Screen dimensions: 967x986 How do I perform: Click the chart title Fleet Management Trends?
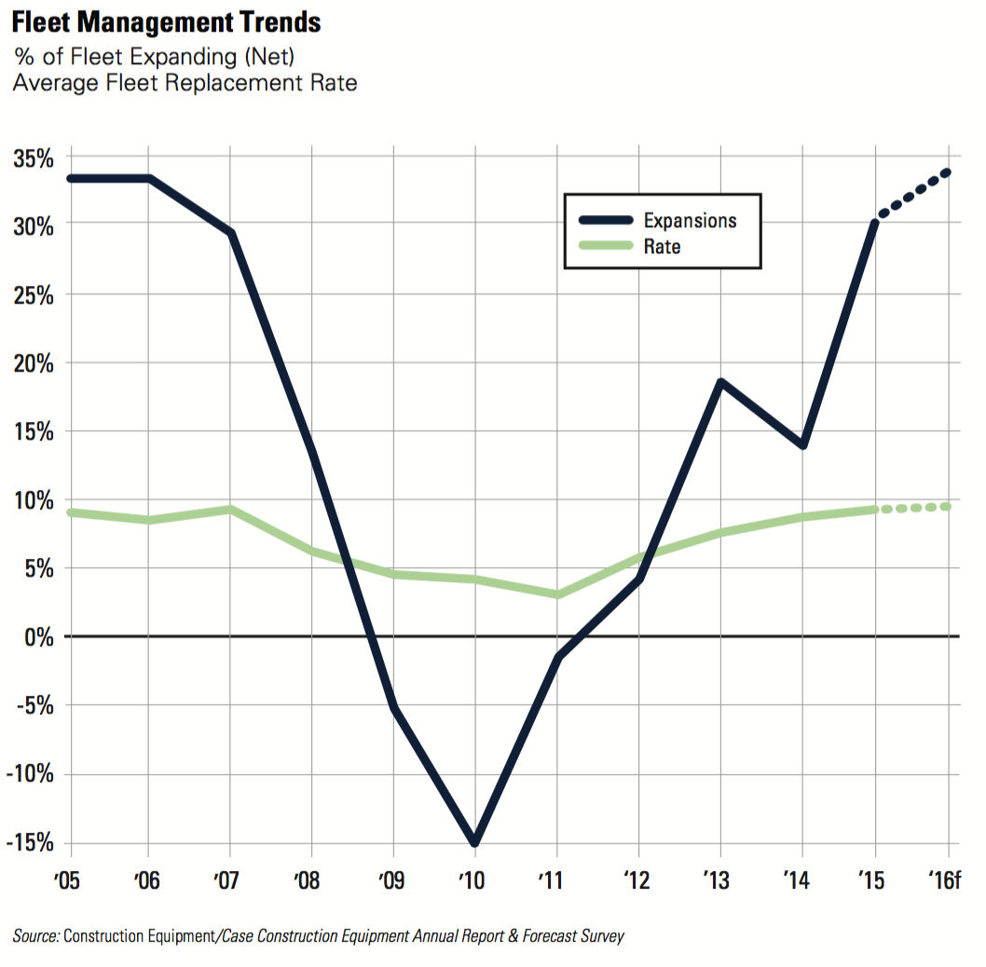(x=166, y=21)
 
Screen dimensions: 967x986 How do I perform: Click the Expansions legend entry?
(x=690, y=221)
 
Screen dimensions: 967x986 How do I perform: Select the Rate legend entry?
(x=662, y=247)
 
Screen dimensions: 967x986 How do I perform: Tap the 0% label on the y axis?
(x=38, y=637)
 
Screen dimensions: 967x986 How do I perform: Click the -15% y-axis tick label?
(x=30, y=842)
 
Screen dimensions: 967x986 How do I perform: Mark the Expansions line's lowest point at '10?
(x=475, y=841)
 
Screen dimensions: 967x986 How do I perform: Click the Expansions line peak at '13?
(x=720, y=382)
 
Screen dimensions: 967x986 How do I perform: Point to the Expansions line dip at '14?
(x=801, y=444)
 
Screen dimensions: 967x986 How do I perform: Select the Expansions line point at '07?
(x=230, y=233)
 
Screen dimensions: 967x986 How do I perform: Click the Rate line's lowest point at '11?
(x=557, y=594)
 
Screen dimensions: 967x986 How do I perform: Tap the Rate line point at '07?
(x=230, y=510)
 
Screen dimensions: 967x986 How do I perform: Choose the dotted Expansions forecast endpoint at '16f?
(x=947, y=171)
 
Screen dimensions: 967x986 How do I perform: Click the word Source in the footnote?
(x=35, y=936)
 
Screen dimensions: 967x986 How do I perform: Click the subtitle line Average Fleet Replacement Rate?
(x=185, y=83)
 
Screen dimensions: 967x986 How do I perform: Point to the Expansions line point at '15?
(x=874, y=223)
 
